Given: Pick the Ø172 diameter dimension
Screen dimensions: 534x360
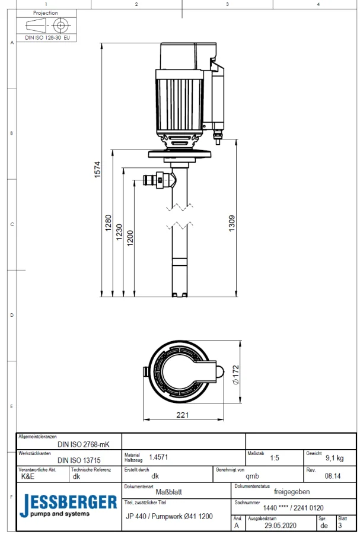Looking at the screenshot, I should coord(235,375).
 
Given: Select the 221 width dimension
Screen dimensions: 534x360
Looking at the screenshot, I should coord(183,415).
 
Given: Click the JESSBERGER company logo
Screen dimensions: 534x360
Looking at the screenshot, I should coord(68,505).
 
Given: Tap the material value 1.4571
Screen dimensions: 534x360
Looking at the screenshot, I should coord(158,457).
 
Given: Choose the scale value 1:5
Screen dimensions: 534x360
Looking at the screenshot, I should coord(275,458).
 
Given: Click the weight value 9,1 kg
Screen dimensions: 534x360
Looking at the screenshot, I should coord(334,458).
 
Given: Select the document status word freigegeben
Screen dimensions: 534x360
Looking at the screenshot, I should coord(291,491).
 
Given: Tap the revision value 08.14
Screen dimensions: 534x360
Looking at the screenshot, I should coord(333,476).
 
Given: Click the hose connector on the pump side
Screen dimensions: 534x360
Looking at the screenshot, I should coord(156,179).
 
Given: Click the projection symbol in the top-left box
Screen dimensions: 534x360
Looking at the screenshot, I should coord(46,26).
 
